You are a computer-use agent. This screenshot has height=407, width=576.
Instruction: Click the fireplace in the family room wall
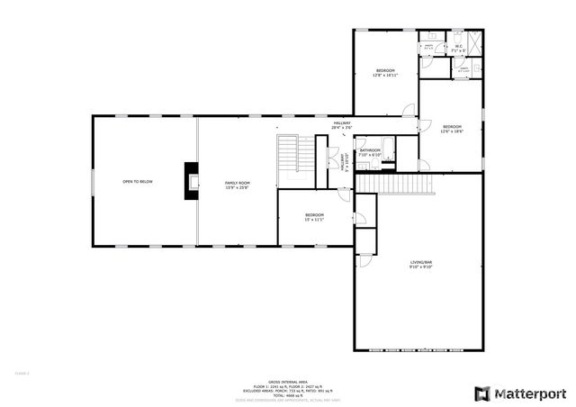191,180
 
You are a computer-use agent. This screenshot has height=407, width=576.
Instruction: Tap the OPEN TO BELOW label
138,182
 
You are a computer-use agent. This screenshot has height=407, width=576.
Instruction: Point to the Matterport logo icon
483,393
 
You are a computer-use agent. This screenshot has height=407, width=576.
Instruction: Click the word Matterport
533,393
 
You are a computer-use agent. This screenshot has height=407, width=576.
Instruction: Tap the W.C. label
458,48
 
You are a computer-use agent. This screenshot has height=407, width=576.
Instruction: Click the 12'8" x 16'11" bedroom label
385,73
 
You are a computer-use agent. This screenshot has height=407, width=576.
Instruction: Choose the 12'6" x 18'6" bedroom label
452,128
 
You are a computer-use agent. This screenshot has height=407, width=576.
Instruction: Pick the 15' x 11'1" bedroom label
314,216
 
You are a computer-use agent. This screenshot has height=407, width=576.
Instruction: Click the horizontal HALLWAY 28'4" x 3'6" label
342,125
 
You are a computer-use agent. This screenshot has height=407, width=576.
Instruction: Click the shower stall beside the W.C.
475,44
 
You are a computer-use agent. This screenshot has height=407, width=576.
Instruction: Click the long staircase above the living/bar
396,184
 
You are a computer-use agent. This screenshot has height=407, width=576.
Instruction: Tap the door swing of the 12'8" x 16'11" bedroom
409,111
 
